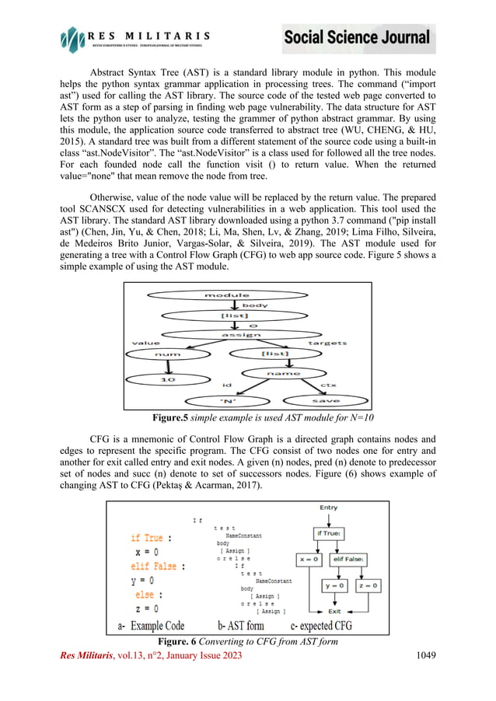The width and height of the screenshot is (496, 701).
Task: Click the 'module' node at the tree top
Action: point(227,295)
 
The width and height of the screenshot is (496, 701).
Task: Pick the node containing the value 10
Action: point(168,380)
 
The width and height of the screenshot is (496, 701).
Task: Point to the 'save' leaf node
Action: point(320,400)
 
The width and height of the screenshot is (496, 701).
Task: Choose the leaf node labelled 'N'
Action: point(230,401)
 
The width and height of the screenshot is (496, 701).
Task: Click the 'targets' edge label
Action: point(327,342)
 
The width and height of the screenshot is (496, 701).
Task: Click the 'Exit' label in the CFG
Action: point(334,611)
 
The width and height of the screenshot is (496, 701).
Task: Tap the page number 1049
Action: point(421,656)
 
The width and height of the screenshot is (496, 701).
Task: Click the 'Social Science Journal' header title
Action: point(357,37)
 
